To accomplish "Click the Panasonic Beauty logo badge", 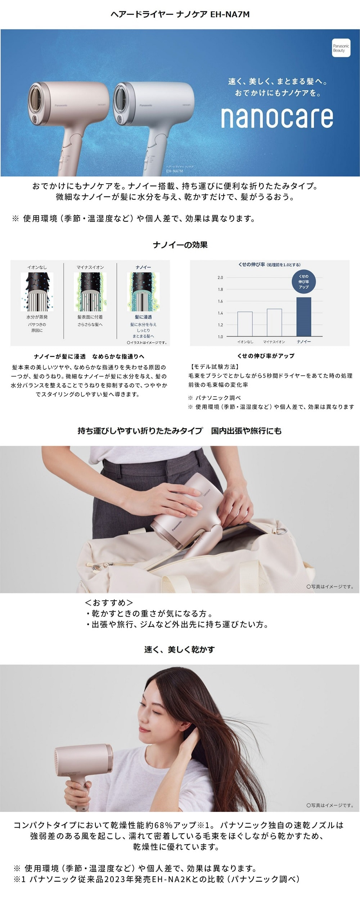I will tap(341, 48).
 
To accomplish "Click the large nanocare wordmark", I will tap(277, 117).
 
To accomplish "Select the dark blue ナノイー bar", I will tap(303, 316).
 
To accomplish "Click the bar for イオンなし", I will tap(245, 324).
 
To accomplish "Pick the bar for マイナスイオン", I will tap(274, 322).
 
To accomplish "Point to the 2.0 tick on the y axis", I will tap(220, 278).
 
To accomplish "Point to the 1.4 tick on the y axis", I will tap(220, 313).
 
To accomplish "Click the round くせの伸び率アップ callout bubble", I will tap(303, 282).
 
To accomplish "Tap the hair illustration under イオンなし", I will tap(37, 292).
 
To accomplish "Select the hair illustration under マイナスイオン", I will tap(90, 292).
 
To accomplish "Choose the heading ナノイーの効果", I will tap(180, 245).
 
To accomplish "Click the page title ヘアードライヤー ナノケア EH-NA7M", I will tap(180, 14).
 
